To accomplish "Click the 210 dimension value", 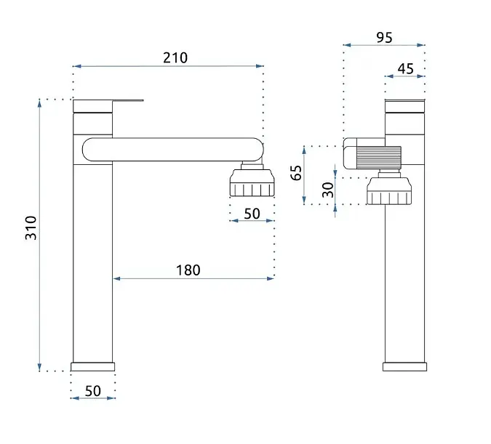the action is [175, 58].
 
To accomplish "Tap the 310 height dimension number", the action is [31, 227].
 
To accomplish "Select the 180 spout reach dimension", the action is [188, 270].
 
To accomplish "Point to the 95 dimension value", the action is [384, 38].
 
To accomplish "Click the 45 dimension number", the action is [405, 69].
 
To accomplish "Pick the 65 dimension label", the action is [296, 173].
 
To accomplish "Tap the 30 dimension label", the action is [328, 190].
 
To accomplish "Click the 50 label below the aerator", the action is [252, 214].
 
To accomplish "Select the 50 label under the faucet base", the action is [93, 391].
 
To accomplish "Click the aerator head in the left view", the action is [252, 182].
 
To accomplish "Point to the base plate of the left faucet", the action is [92, 367].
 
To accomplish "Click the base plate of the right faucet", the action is [404, 367].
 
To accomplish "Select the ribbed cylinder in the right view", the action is [379, 158].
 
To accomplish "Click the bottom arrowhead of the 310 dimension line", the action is [39, 368].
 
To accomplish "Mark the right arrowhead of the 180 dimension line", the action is [271, 278].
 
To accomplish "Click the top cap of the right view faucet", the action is [405, 106].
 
